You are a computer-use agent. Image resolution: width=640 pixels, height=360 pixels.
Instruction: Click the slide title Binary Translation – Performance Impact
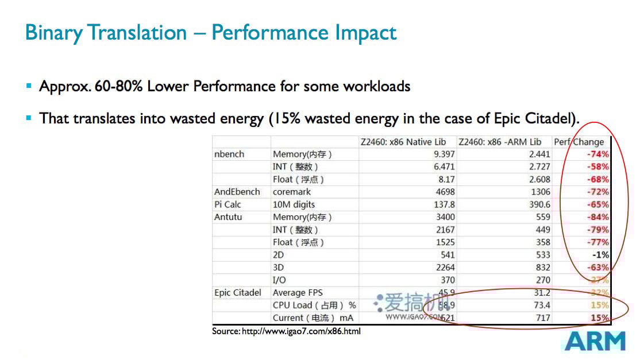[211, 32]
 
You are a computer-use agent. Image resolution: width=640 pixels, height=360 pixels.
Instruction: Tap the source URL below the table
[286, 331]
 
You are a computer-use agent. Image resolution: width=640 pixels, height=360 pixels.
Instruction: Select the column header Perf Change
[579, 142]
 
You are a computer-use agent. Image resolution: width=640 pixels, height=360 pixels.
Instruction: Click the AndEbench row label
[237, 192]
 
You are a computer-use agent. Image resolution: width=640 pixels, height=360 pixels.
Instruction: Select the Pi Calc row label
[228, 204]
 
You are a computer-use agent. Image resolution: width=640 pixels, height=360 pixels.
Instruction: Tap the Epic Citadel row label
[237, 293]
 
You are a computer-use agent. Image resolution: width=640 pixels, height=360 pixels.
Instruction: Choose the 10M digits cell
[294, 204]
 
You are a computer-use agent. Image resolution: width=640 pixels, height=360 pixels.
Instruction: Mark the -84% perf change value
[597, 217]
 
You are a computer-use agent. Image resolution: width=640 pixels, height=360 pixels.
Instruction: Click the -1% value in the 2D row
[601, 255]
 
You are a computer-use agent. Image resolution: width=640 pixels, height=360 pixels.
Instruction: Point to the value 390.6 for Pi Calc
[538, 204]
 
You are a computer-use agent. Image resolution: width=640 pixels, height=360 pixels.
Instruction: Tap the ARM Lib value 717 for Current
[542, 318]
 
